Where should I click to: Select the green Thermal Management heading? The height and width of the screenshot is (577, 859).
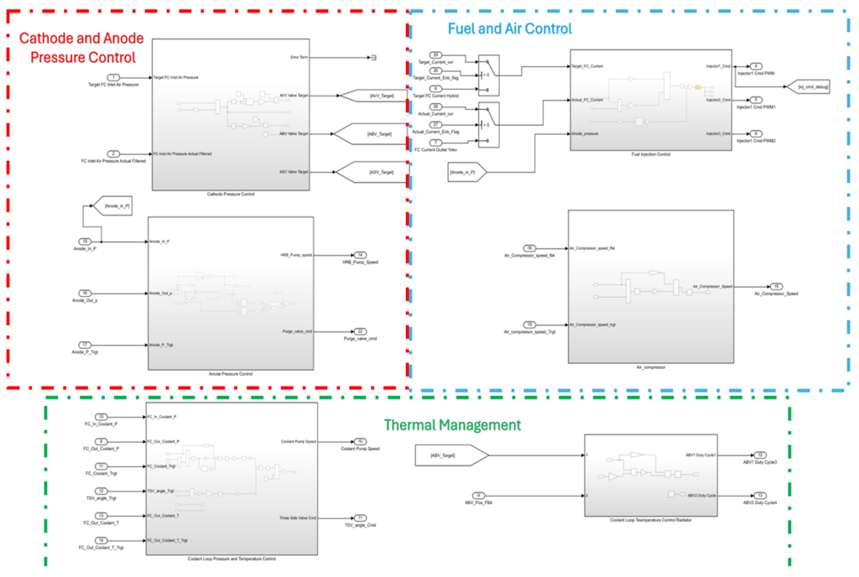(x=452, y=424)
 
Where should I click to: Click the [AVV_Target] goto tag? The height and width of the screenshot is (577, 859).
(x=372, y=96)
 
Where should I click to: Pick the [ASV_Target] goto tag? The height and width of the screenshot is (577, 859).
(x=372, y=172)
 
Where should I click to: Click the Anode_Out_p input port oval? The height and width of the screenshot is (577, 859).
(x=84, y=293)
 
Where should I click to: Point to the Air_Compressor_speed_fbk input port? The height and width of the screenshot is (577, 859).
(x=529, y=248)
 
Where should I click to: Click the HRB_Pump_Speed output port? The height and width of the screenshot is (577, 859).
(x=360, y=255)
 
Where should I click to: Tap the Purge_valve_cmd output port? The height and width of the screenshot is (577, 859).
(x=360, y=331)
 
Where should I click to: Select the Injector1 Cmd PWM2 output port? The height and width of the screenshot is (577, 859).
(x=756, y=133)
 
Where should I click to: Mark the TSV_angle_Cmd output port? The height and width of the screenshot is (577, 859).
(x=360, y=517)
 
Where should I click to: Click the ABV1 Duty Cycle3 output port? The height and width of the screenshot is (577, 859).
(x=759, y=455)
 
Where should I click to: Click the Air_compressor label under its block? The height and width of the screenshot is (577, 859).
(x=650, y=366)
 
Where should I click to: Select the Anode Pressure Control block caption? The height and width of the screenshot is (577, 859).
(x=230, y=373)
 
